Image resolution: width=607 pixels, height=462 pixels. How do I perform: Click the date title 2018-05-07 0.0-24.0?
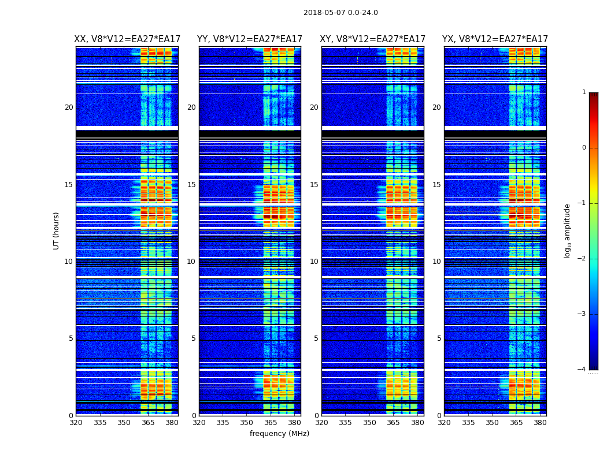[x=340, y=13]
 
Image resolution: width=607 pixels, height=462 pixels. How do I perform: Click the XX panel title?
[x=127, y=39]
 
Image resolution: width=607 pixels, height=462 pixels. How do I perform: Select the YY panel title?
[x=250, y=39]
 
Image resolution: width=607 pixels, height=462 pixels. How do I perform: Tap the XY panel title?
[x=373, y=39]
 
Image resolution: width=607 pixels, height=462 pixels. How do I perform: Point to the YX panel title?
[x=495, y=39]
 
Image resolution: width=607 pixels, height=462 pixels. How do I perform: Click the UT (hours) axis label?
[x=57, y=230]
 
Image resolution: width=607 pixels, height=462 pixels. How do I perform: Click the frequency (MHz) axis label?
[x=279, y=434]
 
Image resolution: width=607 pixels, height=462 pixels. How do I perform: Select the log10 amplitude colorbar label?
[x=568, y=230]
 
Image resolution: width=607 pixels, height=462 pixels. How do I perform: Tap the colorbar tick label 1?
[x=584, y=92]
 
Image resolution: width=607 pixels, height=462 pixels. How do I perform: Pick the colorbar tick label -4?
[x=583, y=370]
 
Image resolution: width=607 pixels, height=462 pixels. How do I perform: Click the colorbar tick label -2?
[x=583, y=259]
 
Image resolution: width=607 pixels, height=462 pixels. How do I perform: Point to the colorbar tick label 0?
[x=584, y=148]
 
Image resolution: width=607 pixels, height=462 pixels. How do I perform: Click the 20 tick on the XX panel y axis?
[x=69, y=107]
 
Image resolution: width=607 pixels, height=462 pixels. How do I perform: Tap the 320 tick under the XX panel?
[x=76, y=423]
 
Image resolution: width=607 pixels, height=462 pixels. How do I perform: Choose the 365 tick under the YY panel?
[x=271, y=423]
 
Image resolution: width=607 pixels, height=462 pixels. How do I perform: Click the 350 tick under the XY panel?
[x=369, y=423]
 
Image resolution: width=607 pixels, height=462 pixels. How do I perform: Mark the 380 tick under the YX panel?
[x=540, y=423]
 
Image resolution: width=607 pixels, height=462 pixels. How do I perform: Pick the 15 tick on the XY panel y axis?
[x=314, y=185]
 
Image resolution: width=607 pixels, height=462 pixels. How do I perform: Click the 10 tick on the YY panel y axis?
[x=191, y=262]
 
